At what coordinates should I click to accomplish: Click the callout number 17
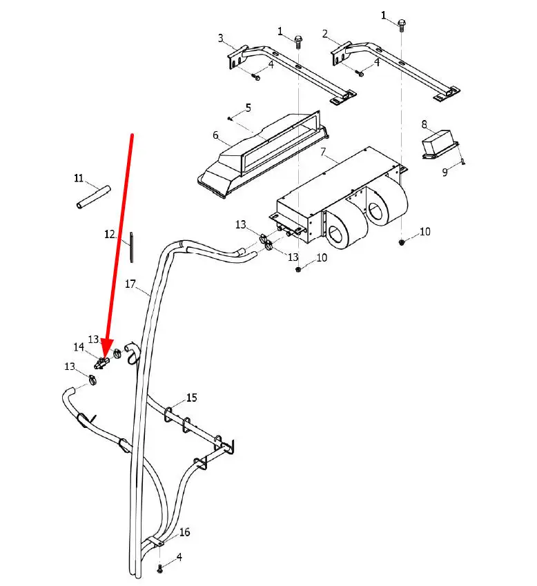pyautogui.click(x=130, y=284)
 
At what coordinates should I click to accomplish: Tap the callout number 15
pyautogui.click(x=192, y=398)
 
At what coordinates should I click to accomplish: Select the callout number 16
pyautogui.click(x=184, y=531)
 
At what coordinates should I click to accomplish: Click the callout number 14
pyautogui.click(x=79, y=347)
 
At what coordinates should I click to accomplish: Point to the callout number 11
pyautogui.click(x=79, y=178)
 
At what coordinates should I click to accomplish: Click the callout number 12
pyautogui.click(x=110, y=234)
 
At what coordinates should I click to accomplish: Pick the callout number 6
pyautogui.click(x=215, y=135)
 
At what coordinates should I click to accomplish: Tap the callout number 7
pyautogui.click(x=323, y=152)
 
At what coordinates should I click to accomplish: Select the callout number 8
pyautogui.click(x=424, y=124)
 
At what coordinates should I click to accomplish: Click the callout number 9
pyautogui.click(x=445, y=172)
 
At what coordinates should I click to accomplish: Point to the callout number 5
pyautogui.click(x=248, y=108)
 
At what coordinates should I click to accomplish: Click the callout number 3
pyautogui.click(x=221, y=38)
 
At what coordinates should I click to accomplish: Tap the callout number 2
pyautogui.click(x=325, y=34)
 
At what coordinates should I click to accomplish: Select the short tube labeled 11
pyautogui.click(x=94, y=197)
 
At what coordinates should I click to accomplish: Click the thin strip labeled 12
pyautogui.click(x=132, y=247)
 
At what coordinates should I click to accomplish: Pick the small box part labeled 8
pyautogui.click(x=440, y=145)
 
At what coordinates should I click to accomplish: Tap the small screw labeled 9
pyautogui.click(x=463, y=162)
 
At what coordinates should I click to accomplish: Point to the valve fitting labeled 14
pyautogui.click(x=101, y=363)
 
